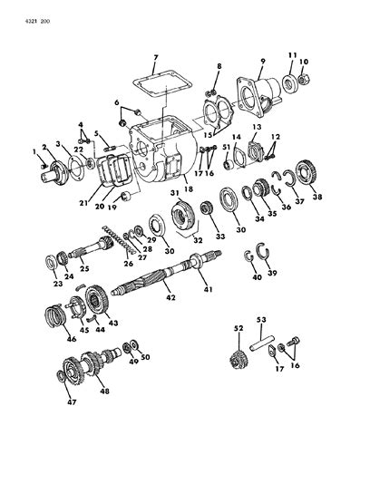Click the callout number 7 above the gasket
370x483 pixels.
[156, 57]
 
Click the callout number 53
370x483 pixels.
[261, 320]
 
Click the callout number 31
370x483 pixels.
[172, 193]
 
